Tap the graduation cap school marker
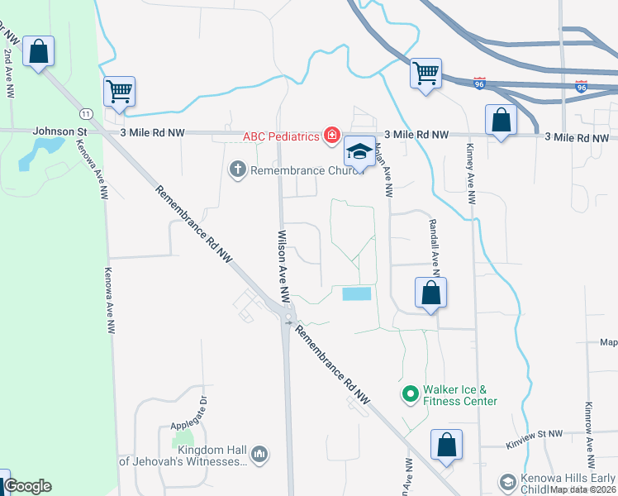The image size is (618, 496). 359,152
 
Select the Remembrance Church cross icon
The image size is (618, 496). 237,169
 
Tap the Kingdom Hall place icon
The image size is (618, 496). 259,454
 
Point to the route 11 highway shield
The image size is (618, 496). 86,112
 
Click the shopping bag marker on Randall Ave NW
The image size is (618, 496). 430,293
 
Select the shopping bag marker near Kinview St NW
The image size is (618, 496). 446,445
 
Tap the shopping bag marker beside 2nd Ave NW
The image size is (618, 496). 38,52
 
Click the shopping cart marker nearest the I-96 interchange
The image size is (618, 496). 425,74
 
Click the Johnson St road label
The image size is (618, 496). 59,131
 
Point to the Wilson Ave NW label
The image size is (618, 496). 283,264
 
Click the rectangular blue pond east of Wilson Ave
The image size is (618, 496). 356,293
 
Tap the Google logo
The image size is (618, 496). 27,486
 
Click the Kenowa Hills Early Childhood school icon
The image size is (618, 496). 508,482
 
